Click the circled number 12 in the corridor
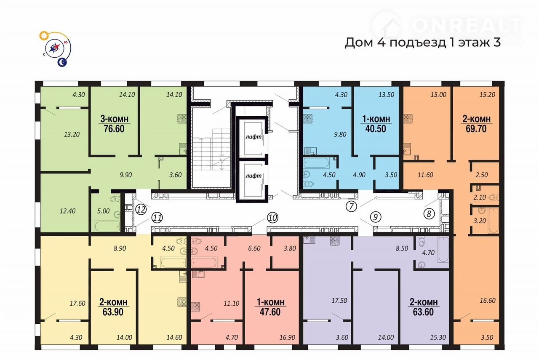[141, 209]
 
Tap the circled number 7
[351, 206]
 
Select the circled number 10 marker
[272, 218]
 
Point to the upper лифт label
[253, 137]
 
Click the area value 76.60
[114, 129]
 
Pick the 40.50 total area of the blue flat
[376, 129]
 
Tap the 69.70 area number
[476, 129]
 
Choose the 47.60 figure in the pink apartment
[270, 312]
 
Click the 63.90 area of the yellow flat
[113, 312]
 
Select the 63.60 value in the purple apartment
[423, 312]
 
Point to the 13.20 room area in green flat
[72, 134]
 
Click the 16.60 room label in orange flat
[488, 300]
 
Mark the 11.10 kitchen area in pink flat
[231, 303]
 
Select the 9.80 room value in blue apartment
[340, 134]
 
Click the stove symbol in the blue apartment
[308, 119]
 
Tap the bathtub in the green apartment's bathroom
[107, 226]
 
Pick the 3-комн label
[114, 119]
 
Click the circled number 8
[429, 214]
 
